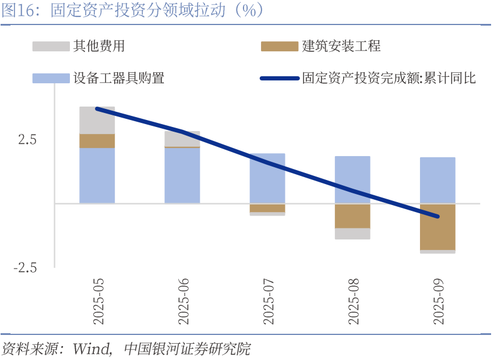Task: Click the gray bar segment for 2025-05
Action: click(97, 120)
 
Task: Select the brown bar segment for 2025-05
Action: click(97, 140)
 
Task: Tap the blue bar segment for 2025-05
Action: click(97, 175)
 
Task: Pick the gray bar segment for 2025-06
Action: click(182, 139)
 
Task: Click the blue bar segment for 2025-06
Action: click(182, 175)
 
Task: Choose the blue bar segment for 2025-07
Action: click(267, 178)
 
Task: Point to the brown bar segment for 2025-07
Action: click(267, 207)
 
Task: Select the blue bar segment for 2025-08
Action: click(352, 179)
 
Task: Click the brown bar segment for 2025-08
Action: click(352, 216)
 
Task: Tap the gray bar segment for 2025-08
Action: click(352, 233)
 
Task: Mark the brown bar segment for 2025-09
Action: click(437, 227)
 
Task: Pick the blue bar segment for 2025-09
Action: click(437, 180)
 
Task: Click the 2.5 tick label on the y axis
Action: click(27, 140)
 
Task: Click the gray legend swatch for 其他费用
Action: click(50, 46)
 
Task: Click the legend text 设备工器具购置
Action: click(119, 78)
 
